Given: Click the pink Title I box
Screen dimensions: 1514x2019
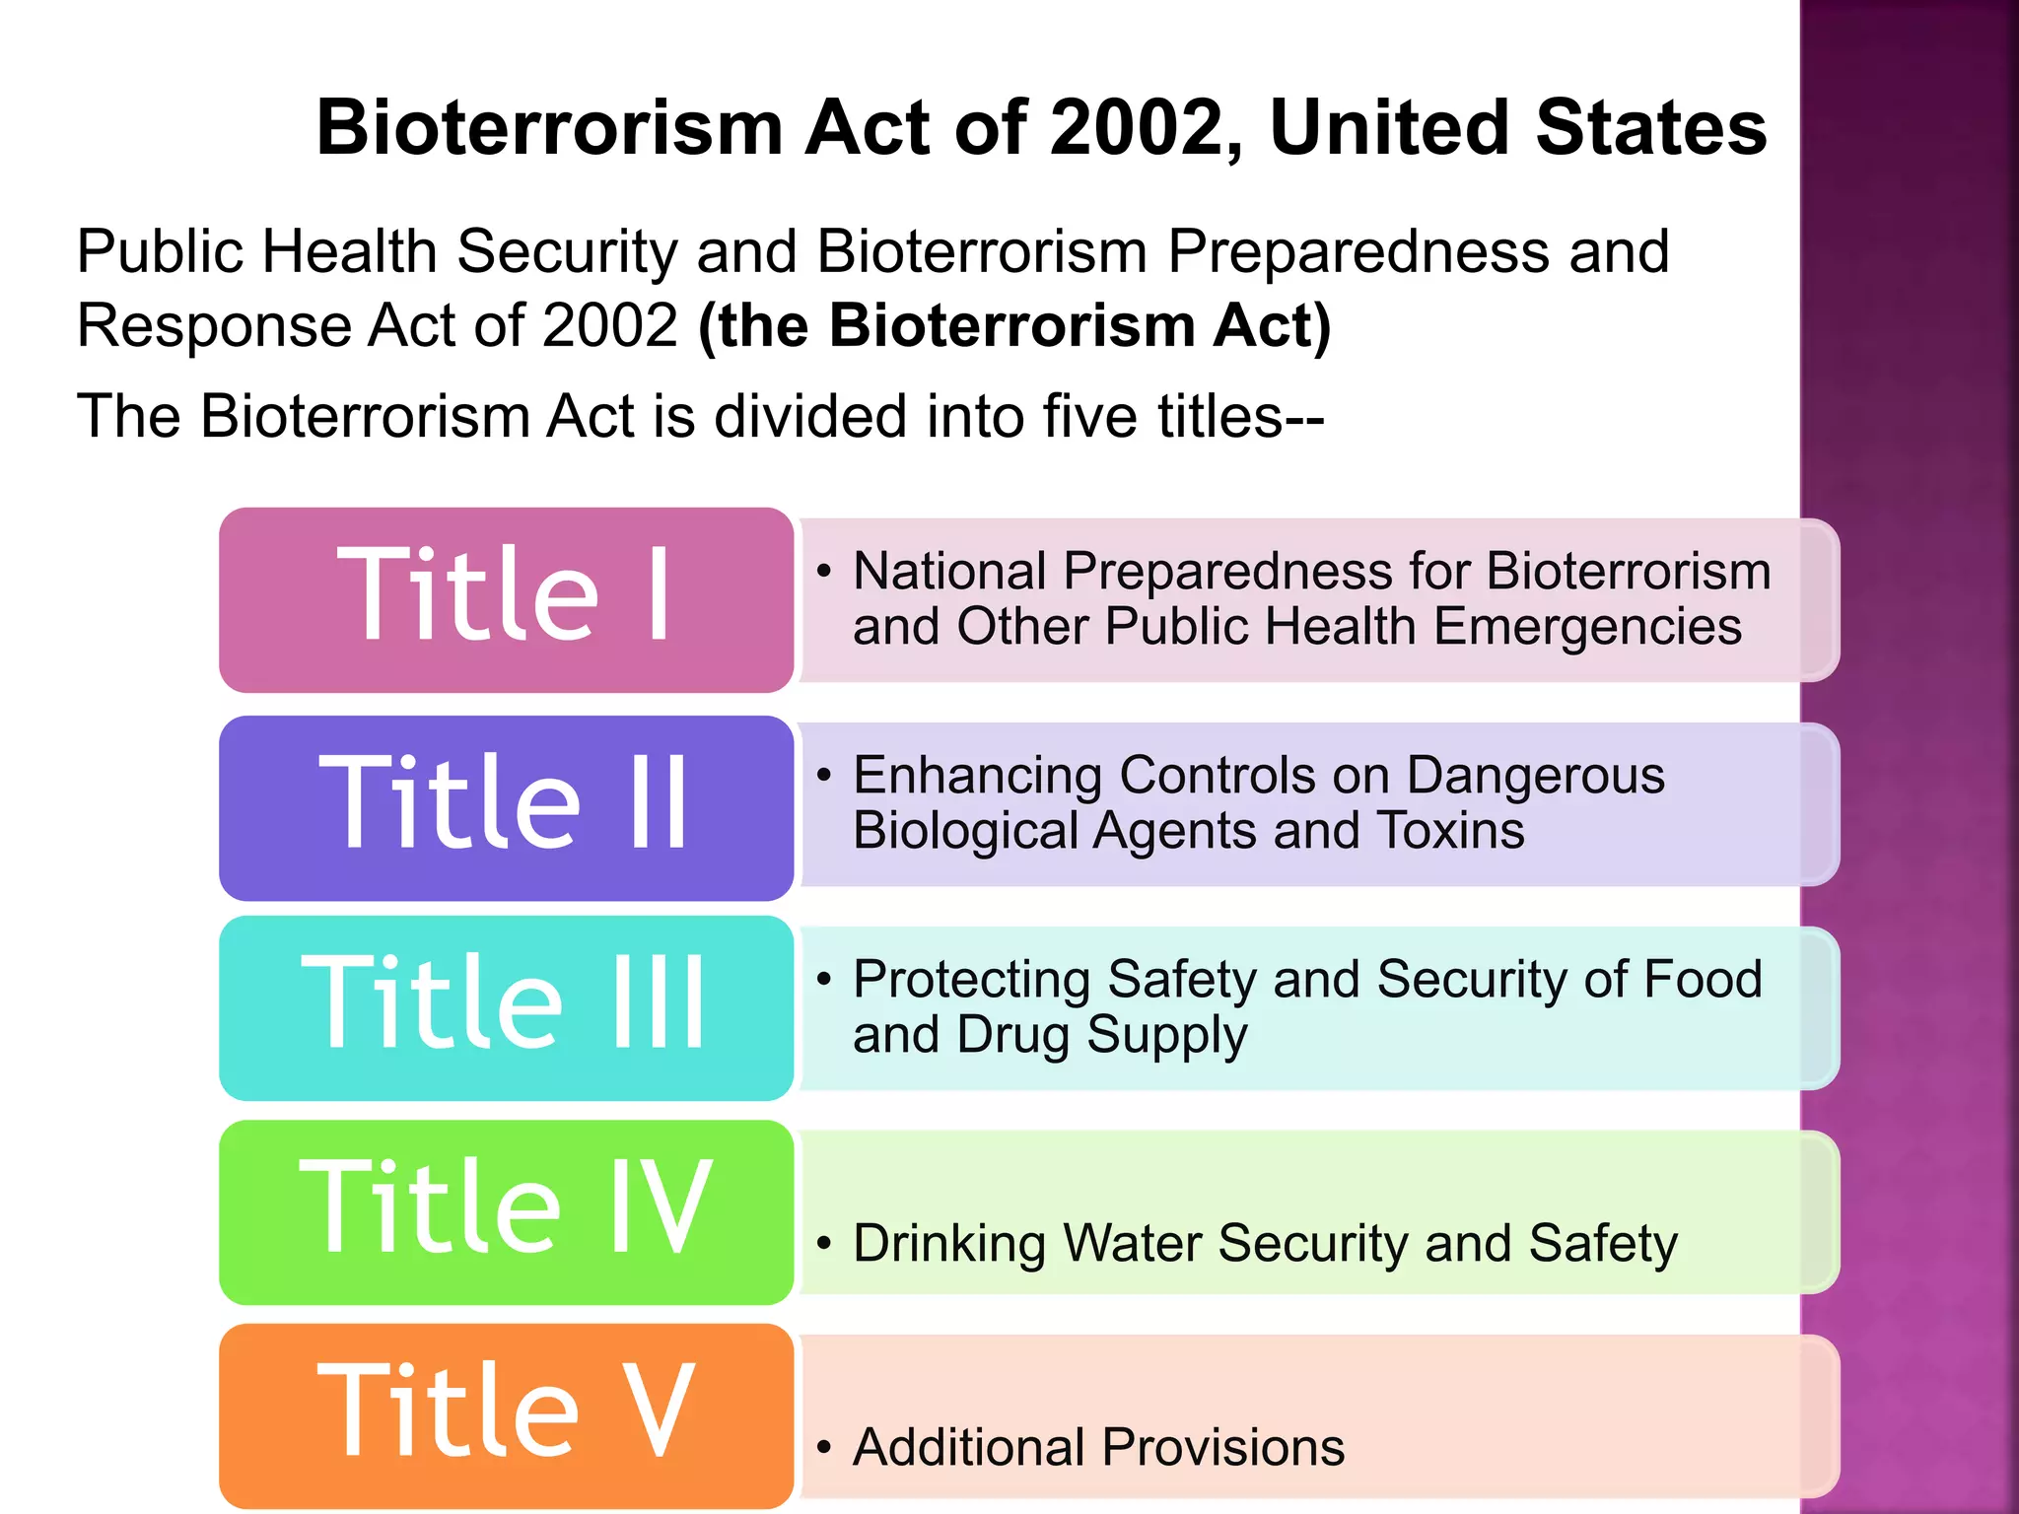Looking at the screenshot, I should (506, 599).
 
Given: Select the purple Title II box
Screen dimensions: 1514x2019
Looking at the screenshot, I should (506, 807).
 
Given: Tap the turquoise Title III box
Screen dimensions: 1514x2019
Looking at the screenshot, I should (506, 1007).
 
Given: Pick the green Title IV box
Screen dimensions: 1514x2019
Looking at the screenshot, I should (506, 1211).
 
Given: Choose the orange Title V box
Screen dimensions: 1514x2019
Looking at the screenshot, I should (506, 1415).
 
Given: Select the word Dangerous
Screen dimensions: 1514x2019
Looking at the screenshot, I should (1535, 775).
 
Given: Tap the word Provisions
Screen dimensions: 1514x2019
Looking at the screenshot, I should (1222, 1447).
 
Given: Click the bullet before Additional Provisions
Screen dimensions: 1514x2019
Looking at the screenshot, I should (824, 1448).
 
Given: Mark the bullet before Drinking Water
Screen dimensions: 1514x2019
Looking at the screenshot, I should (824, 1244).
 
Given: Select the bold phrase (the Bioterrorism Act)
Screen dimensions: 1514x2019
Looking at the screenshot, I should (1014, 325).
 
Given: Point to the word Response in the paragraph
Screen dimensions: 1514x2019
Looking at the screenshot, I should (213, 325).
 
